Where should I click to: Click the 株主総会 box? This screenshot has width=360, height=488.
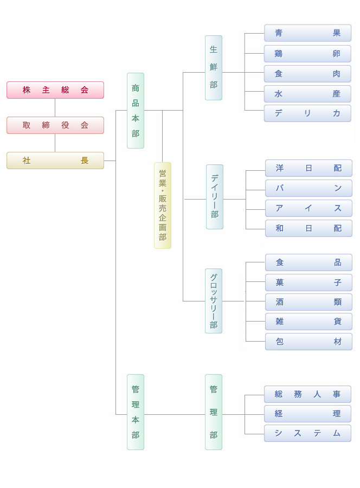[x=55, y=90]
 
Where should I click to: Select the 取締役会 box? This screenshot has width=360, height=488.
[x=55, y=125]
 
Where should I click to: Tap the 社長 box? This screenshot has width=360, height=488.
[x=55, y=160]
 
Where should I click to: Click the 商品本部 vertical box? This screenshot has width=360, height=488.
[x=136, y=111]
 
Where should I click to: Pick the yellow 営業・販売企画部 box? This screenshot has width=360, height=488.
[x=163, y=206]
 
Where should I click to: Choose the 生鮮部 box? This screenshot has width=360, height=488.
[x=214, y=68]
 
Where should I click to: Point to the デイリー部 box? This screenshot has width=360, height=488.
[x=215, y=197]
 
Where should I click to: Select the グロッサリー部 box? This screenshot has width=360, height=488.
[x=214, y=301]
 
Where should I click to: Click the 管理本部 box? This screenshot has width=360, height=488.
[x=136, y=412]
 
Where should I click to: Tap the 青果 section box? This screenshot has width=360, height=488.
[x=307, y=33]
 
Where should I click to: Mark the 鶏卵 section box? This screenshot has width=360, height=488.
[x=307, y=54]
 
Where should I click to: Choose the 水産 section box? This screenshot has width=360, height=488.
[x=307, y=94]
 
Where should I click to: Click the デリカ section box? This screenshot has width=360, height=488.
[x=307, y=113]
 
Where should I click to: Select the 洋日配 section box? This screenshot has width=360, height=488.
[x=308, y=168]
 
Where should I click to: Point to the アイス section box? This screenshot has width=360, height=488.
[x=308, y=208]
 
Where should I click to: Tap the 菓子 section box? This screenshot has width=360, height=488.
[x=308, y=282]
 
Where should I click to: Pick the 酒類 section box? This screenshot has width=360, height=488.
[x=308, y=302]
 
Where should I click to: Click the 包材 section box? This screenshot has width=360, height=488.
[x=308, y=342]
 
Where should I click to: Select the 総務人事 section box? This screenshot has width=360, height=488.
[x=307, y=394]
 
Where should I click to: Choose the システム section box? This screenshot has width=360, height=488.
[x=307, y=433]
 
